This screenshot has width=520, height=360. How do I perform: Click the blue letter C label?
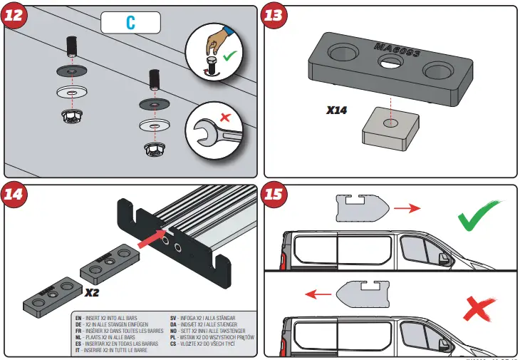point(130,23)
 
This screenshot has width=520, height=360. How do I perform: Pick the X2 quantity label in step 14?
point(93,293)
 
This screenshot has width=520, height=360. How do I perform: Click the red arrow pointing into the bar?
point(150,240)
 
